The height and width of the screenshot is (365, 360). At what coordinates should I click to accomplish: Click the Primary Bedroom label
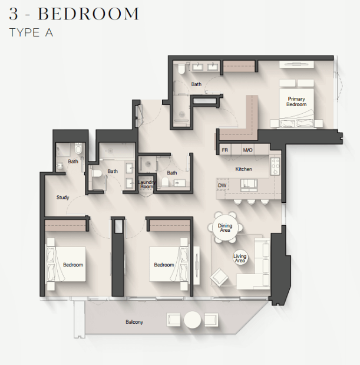296,102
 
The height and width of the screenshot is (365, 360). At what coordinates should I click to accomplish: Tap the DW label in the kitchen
222,186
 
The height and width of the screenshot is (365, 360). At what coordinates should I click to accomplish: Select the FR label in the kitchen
224,150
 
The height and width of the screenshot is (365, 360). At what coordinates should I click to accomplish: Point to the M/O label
247,150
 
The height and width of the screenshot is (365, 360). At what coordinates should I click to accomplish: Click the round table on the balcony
192,320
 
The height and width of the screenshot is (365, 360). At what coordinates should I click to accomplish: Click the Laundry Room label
147,184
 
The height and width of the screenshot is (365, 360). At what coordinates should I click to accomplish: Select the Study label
63,198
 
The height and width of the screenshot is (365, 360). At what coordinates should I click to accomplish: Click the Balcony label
134,322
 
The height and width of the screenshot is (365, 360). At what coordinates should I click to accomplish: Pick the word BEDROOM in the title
88,14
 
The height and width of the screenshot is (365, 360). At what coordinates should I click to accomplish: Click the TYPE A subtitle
31,32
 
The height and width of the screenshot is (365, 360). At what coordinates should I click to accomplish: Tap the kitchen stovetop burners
275,166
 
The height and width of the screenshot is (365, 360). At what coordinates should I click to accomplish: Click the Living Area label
240,258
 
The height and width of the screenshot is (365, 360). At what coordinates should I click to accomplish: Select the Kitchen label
243,169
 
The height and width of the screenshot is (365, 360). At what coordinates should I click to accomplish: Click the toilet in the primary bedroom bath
181,69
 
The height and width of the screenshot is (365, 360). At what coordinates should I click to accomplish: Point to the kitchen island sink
249,185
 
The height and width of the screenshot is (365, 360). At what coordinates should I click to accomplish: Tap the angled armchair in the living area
219,277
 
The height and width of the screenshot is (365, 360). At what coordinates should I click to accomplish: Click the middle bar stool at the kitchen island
251,202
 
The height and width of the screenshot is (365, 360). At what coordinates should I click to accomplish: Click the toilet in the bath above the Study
78,149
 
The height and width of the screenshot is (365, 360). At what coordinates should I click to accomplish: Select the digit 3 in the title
14,14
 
